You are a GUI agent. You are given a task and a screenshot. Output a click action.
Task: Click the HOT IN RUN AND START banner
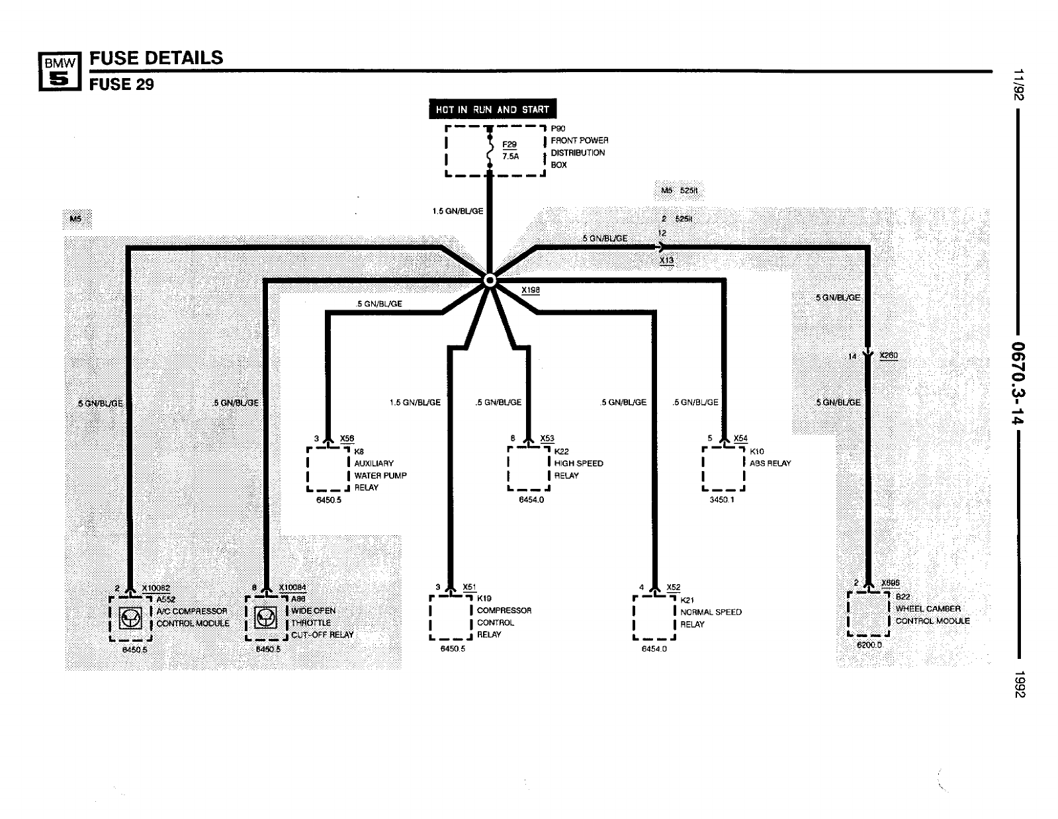click(x=492, y=109)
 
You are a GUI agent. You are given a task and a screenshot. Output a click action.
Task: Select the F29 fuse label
click(x=509, y=145)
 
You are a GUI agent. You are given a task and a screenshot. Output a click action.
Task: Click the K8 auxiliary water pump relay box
click(x=328, y=468)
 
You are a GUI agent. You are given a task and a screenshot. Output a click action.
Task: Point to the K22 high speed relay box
click(x=529, y=468)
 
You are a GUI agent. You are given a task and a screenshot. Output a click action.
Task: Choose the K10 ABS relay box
click(x=723, y=468)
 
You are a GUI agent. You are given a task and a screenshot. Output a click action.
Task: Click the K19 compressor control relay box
click(x=451, y=617)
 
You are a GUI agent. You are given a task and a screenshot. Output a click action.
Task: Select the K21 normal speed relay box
click(x=654, y=618)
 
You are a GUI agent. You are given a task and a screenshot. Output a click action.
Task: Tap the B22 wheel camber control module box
click(x=869, y=613)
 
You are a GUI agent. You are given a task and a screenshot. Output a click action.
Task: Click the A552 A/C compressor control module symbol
click(x=130, y=618)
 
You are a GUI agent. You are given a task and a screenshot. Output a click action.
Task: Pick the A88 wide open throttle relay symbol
click(x=267, y=618)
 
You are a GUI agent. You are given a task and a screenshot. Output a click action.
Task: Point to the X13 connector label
click(x=667, y=261)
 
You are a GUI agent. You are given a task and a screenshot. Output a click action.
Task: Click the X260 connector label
click(x=889, y=356)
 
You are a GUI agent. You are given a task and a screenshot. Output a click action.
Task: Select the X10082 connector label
click(x=155, y=588)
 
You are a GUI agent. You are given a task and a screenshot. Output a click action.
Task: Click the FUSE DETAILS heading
click(x=157, y=58)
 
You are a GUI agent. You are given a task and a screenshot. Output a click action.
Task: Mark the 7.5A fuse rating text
click(x=509, y=157)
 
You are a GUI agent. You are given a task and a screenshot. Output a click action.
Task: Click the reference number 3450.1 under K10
click(x=722, y=500)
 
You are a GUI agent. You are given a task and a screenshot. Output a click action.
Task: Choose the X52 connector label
click(x=674, y=587)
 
